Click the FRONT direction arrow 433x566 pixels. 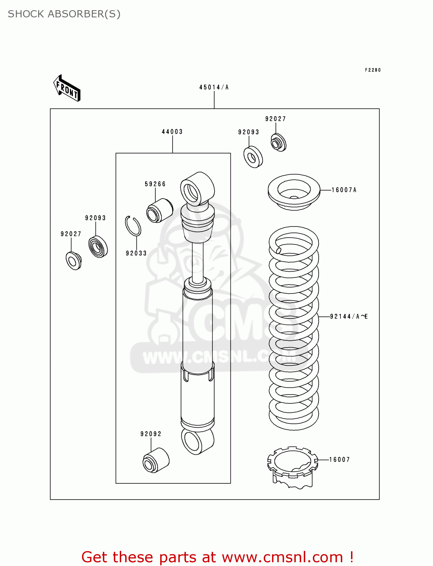click(x=67, y=88)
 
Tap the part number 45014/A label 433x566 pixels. click(x=214, y=87)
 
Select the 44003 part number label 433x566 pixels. click(x=172, y=132)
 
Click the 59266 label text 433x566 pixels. click(x=155, y=184)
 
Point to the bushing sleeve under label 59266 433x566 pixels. click(x=159, y=211)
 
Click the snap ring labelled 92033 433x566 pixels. click(x=133, y=226)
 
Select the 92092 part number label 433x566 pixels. click(x=151, y=434)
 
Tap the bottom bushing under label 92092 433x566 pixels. click(x=156, y=460)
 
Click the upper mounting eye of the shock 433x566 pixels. click(x=197, y=189)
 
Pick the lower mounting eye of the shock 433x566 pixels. click(x=197, y=440)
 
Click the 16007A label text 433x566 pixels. click(x=344, y=190)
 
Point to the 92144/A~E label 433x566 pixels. click(x=349, y=317)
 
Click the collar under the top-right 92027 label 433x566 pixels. click(x=278, y=143)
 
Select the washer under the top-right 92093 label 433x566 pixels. click(x=253, y=157)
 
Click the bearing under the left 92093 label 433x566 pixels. click(x=98, y=247)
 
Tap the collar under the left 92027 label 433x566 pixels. click(x=73, y=261)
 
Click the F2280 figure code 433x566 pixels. click(x=373, y=70)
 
